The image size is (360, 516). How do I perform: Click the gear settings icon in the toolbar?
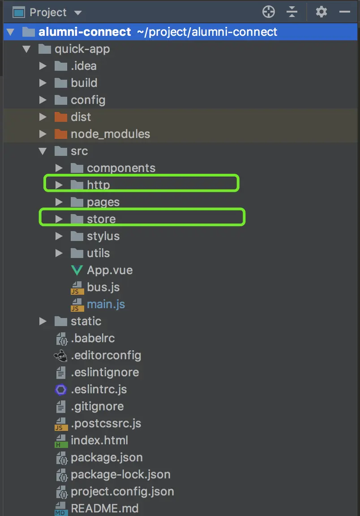pos(321,12)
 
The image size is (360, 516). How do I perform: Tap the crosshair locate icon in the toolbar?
pos(269,12)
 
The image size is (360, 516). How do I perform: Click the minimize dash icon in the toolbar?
pos(345,12)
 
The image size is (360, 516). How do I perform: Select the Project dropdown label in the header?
pos(48,12)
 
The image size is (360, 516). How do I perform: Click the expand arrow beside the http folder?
pos(59,185)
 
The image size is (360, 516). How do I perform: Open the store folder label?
pos(101,219)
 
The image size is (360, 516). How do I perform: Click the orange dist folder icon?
pos(60,117)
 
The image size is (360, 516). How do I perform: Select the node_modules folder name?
pos(110,134)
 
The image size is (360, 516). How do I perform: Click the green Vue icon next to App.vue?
pos(77,270)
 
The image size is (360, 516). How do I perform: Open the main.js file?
pos(106,304)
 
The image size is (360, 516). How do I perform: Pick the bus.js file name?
pos(103,287)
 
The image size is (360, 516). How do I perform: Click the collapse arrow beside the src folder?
pos(43,151)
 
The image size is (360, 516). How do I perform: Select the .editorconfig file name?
pos(106,355)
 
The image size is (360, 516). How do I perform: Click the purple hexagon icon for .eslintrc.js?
pos(61,390)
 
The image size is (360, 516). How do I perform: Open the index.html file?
pos(99,440)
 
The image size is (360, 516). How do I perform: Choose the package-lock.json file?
pos(120,474)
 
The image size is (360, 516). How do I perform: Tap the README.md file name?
pos(104,508)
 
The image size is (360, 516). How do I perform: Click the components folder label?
pos(121,168)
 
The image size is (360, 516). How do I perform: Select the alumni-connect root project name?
pos(85,32)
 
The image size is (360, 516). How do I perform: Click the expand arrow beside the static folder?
pos(43,321)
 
